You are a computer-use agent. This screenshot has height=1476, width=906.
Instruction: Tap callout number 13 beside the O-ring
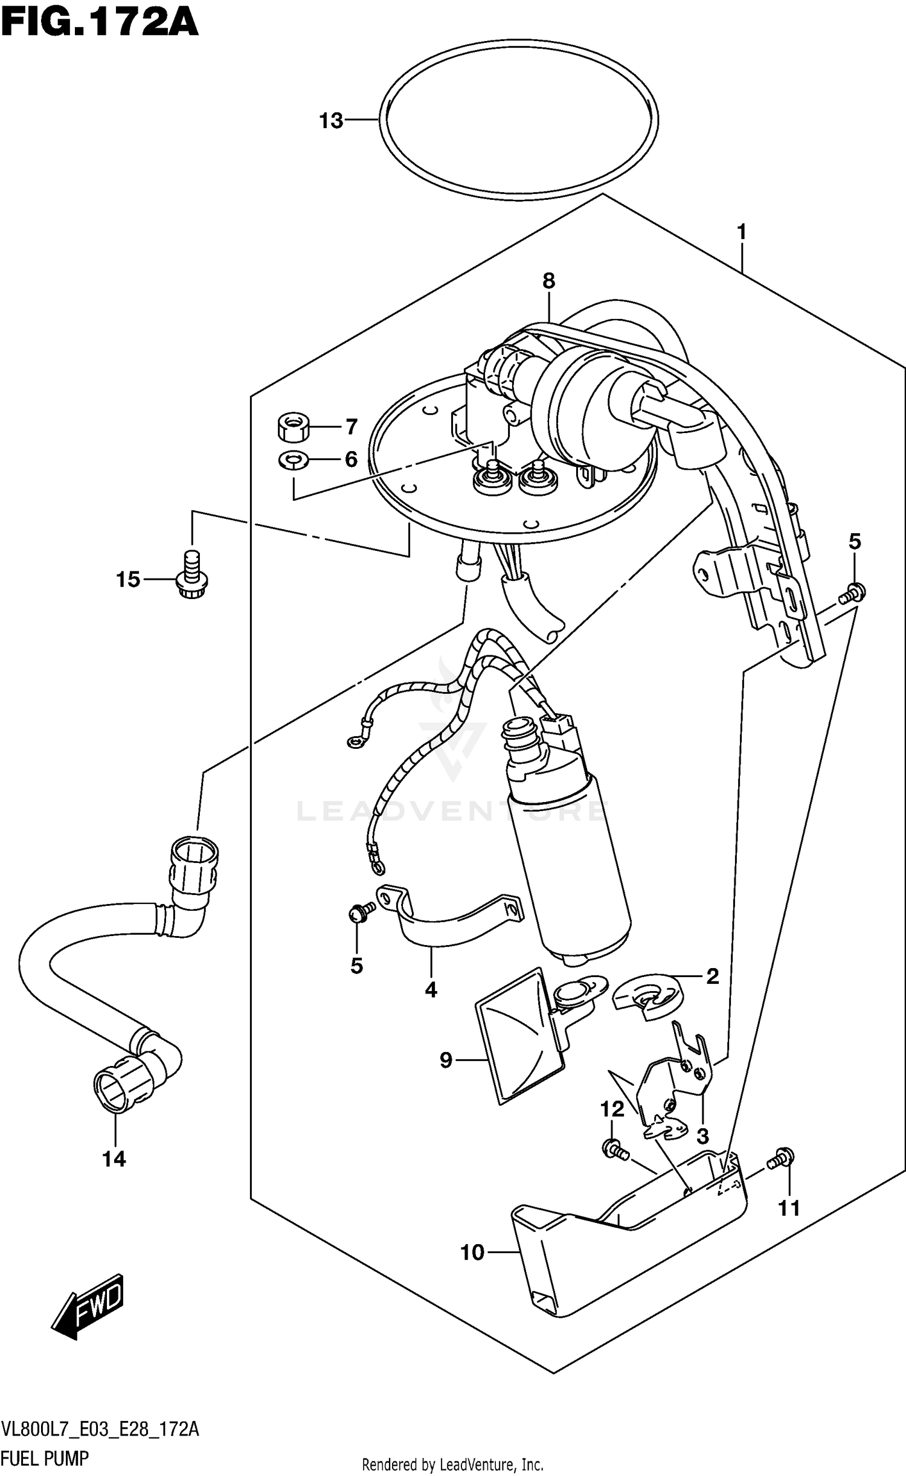pos(331,121)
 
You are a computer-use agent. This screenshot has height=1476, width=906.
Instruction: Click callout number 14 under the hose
pos(114,1159)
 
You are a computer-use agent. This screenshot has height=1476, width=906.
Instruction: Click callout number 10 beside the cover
pos(472,1253)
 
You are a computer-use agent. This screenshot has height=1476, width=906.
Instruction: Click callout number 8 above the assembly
pos(548,281)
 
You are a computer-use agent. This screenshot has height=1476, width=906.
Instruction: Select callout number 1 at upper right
pos(741,232)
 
